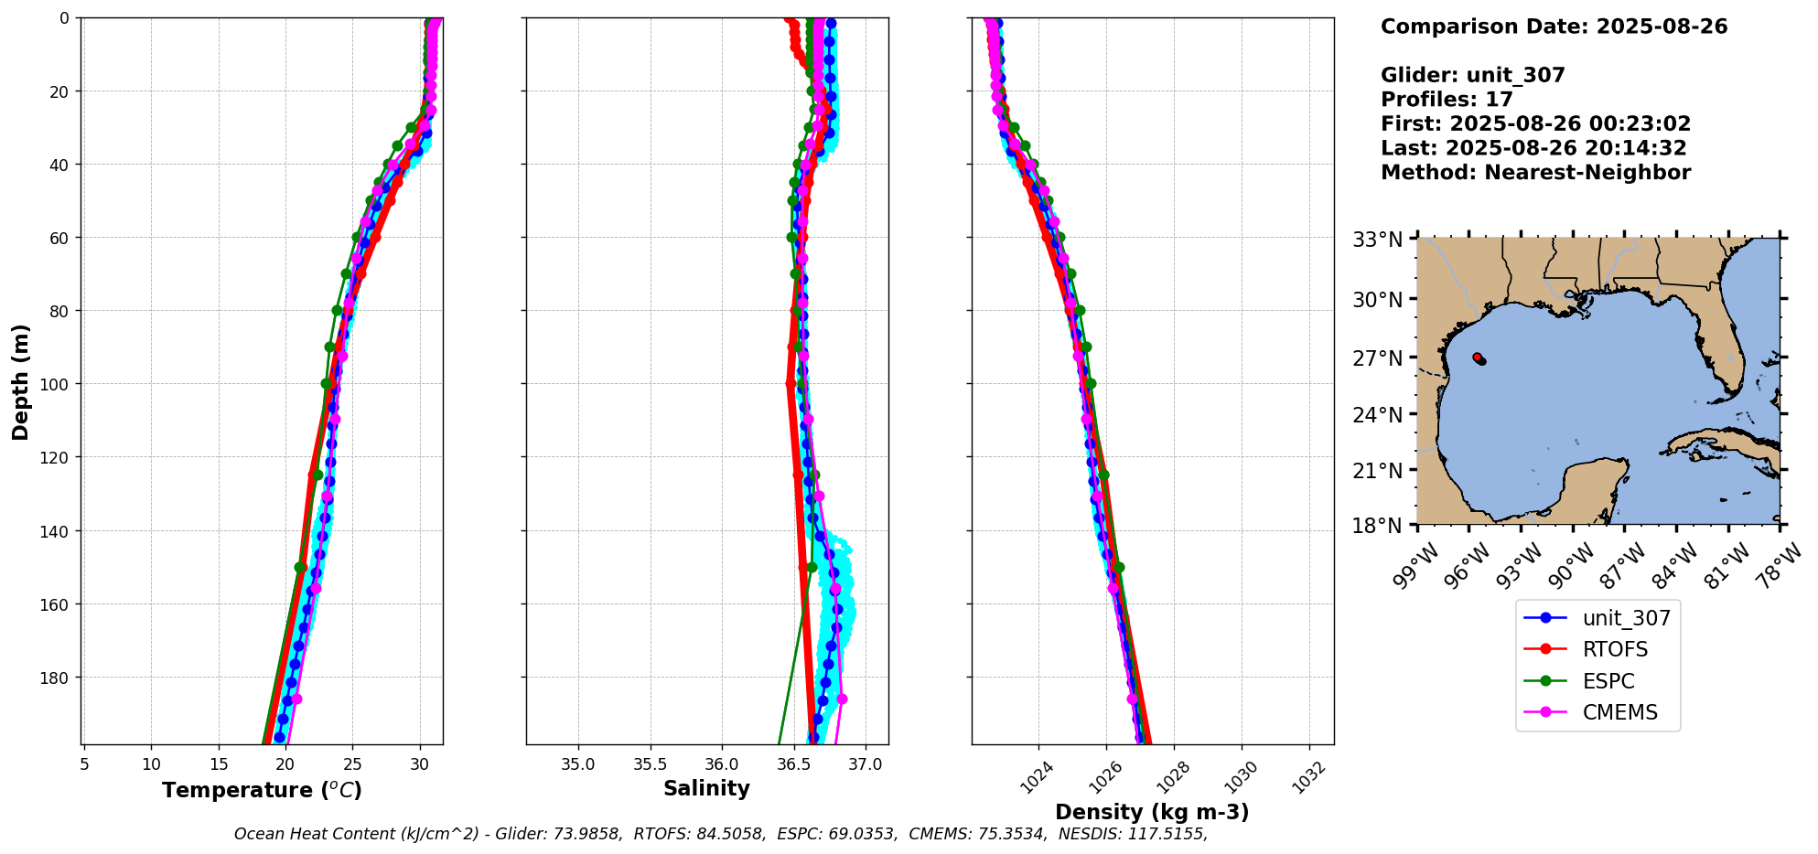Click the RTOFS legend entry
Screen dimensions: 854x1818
click(x=1615, y=649)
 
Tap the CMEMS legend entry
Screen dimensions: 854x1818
click(x=1619, y=712)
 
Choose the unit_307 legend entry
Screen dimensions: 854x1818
click(x=1626, y=618)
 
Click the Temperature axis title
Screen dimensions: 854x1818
click(x=262, y=790)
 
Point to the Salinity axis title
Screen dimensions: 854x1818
click(x=706, y=788)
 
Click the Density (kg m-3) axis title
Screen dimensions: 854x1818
click(x=1152, y=812)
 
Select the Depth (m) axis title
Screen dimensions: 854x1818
click(x=20, y=381)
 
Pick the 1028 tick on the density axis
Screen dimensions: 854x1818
click(x=1172, y=778)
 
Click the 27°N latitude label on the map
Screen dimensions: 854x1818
click(x=1377, y=358)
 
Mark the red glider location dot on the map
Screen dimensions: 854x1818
click(x=1478, y=358)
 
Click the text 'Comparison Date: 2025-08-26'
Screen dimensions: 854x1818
click(x=1554, y=27)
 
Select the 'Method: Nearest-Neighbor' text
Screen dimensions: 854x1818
click(x=1535, y=172)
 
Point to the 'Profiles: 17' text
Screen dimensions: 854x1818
click(x=1447, y=99)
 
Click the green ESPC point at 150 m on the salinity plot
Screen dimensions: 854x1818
click(x=811, y=567)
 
